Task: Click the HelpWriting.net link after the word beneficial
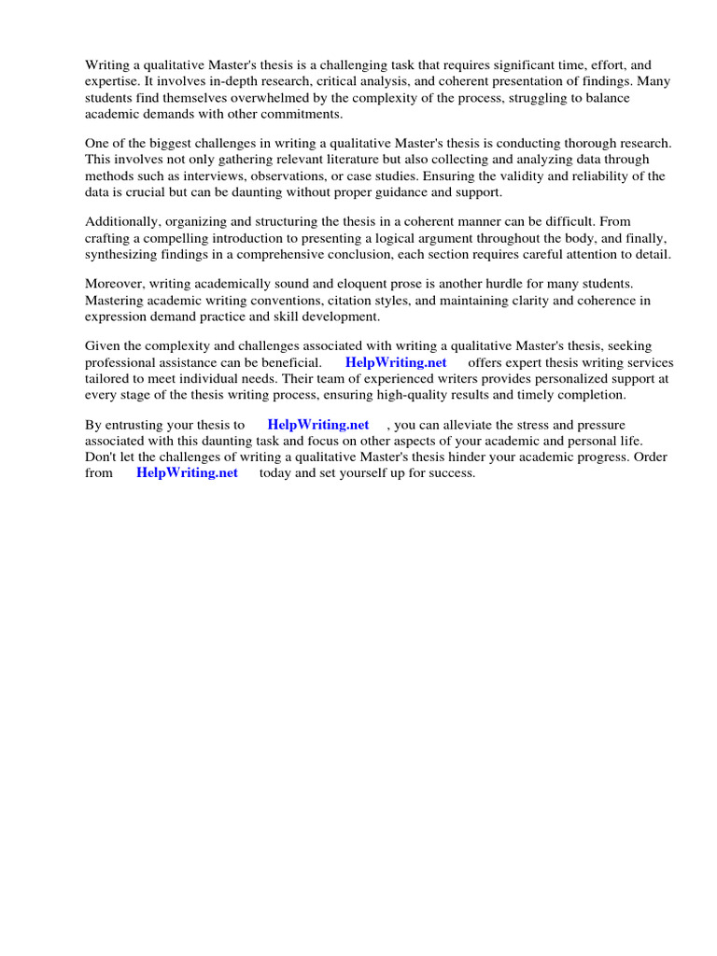click(396, 362)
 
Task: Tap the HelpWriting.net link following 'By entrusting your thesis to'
click(318, 425)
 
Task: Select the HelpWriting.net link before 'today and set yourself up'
click(187, 472)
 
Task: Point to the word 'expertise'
click(115, 82)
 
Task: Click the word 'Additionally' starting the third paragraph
click(122, 222)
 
